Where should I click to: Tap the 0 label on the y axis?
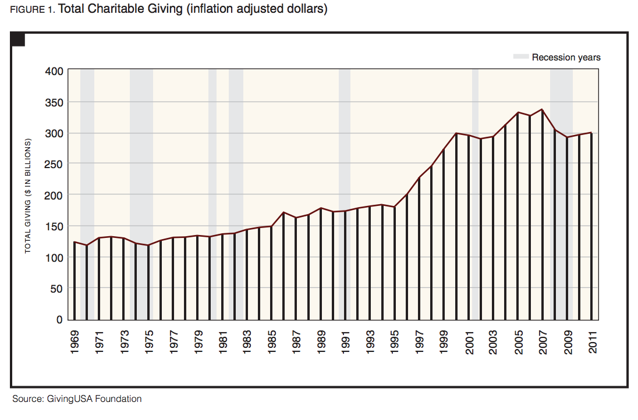[x=59, y=319]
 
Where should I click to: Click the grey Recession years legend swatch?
[x=521, y=57]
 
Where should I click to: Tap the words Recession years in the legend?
[x=566, y=57]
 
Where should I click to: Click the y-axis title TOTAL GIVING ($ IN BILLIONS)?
[x=27, y=195]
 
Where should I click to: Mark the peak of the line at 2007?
[x=543, y=109]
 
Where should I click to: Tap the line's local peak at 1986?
[x=283, y=212]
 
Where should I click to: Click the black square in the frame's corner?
[x=18, y=40]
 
